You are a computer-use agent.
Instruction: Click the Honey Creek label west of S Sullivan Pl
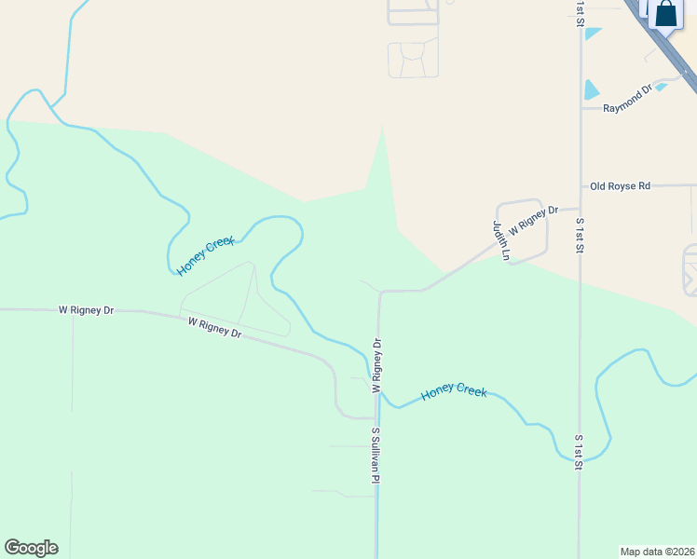click(205, 256)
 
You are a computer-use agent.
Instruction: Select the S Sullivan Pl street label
click(376, 455)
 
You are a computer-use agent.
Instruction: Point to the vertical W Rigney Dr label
click(378, 365)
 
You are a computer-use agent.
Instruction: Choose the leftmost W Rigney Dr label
click(86, 309)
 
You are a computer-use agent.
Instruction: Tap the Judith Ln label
click(501, 240)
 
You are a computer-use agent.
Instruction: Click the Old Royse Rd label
click(620, 186)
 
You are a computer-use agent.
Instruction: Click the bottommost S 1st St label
click(579, 451)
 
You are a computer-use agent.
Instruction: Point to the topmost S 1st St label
click(580, 13)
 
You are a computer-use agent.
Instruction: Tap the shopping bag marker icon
click(665, 16)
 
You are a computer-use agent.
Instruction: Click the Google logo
click(31, 548)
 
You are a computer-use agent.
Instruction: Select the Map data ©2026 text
click(657, 552)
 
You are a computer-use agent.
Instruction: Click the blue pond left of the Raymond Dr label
click(591, 89)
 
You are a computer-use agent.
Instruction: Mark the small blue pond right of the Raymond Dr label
click(661, 88)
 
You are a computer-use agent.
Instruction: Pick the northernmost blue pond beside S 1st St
click(594, 34)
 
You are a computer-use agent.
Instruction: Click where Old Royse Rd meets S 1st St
click(581, 186)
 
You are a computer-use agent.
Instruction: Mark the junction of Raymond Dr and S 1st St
click(581, 108)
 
